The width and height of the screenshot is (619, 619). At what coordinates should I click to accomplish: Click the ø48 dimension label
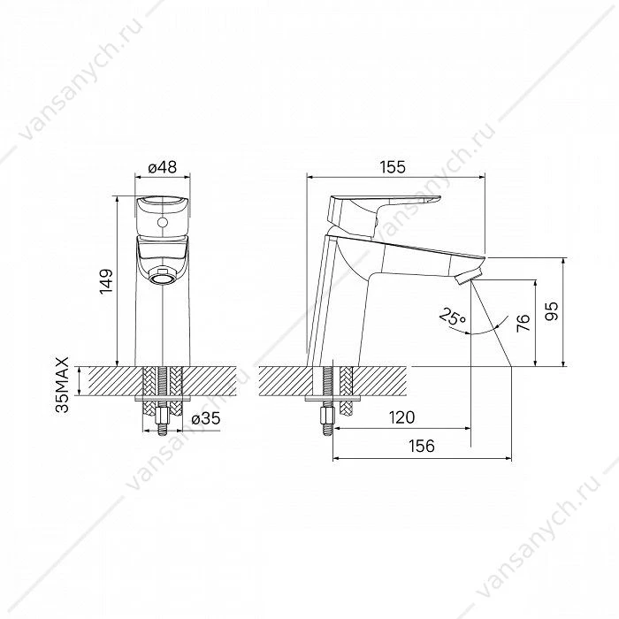coord(162,167)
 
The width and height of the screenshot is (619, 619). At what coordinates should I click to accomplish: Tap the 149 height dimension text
coord(107,281)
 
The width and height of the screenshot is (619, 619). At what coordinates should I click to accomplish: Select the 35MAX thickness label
coord(63,385)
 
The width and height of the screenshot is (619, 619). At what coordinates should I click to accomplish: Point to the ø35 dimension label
coord(206,418)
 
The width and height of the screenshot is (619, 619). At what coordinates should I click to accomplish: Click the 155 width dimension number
coord(393,167)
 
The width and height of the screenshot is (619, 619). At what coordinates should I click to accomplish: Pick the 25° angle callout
coord(453,317)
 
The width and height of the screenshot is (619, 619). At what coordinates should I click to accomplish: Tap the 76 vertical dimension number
coord(523,323)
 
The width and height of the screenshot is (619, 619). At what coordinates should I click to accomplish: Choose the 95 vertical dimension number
coord(553,311)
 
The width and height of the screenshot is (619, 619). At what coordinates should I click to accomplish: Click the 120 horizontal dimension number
coord(401,417)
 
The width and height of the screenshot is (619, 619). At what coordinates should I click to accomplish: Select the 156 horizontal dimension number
coord(422,446)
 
